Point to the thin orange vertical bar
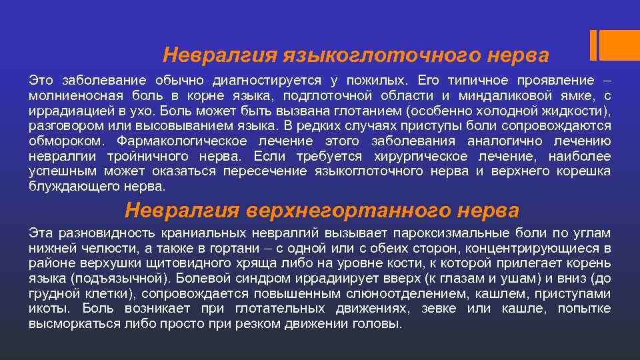click(593, 45)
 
